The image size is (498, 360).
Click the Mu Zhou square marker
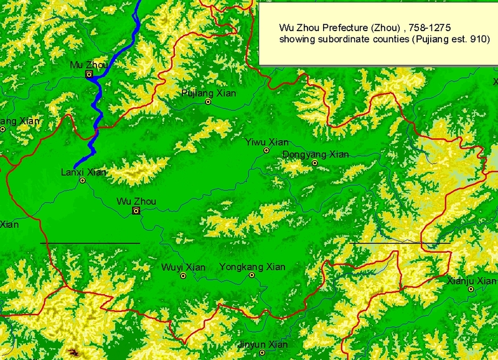(89, 74)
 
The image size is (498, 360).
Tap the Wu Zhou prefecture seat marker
(136, 211)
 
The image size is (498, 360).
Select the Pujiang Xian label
(209, 93)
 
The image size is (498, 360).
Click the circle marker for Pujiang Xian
(209, 102)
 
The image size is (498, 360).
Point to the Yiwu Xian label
(266, 142)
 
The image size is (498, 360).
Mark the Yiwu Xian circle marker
(266, 150)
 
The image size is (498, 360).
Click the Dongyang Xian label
(316, 154)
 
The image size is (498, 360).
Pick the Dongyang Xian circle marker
(315, 163)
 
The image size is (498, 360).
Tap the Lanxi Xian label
(83, 173)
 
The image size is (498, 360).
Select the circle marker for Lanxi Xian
(82, 181)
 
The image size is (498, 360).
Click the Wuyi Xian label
(183, 268)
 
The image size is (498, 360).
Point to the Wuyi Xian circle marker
(183, 275)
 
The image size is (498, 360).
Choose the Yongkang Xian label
(252, 267)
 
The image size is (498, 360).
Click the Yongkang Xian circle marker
(252, 275)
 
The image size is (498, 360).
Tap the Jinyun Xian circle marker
(263, 353)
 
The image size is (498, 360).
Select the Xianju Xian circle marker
(471, 289)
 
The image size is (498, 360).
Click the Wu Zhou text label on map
(136, 202)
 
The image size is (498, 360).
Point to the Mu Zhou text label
(89, 65)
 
